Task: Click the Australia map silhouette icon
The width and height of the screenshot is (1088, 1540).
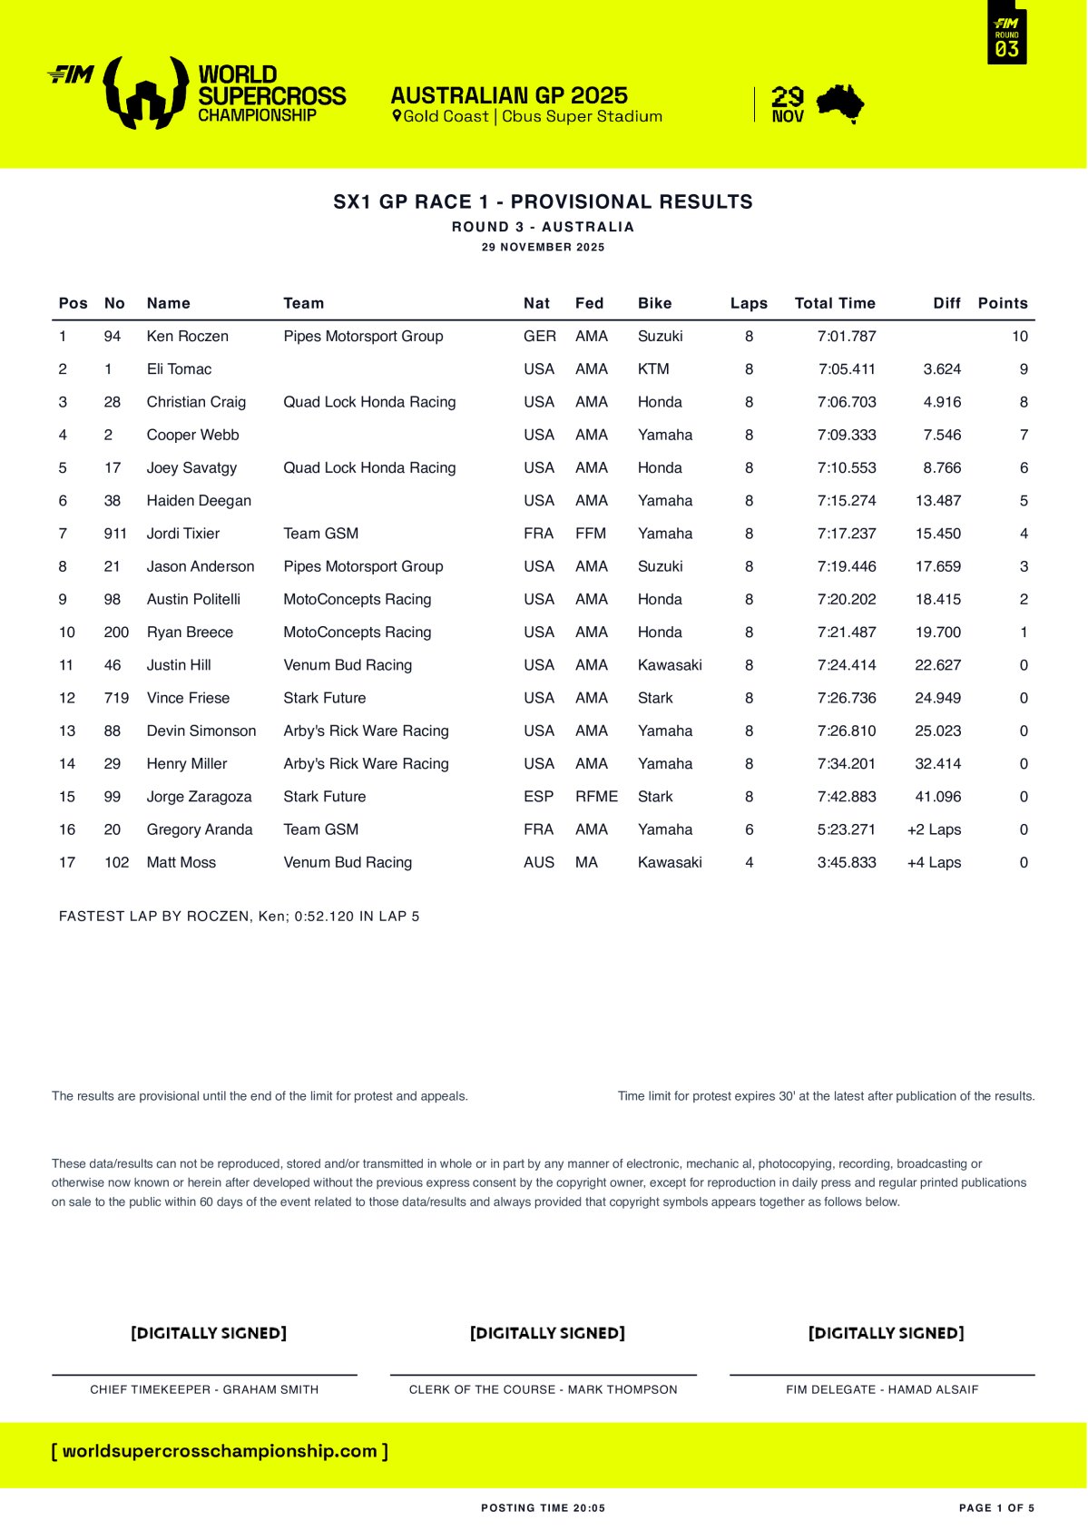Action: [x=840, y=103]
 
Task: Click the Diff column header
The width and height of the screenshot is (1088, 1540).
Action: [x=946, y=303]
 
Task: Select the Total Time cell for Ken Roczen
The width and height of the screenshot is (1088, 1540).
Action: [x=846, y=336]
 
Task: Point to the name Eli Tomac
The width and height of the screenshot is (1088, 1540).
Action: [x=179, y=369]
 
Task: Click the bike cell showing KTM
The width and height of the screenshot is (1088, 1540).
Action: [x=653, y=369]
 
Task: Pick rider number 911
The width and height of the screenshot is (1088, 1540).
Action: [x=115, y=534]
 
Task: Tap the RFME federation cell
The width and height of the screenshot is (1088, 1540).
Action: [x=596, y=797]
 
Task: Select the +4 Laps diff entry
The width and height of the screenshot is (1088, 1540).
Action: [x=934, y=862]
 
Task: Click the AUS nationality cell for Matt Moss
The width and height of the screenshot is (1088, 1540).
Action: [x=538, y=862]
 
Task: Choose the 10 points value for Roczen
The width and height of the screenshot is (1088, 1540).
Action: [x=1020, y=336]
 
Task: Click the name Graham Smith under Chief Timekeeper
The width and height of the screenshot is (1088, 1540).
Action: [x=270, y=1389]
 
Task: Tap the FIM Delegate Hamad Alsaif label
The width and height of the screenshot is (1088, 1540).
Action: [x=882, y=1389]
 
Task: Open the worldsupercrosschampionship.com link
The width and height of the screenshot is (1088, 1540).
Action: [x=220, y=1451]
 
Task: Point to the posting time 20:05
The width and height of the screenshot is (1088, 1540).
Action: [x=589, y=1508]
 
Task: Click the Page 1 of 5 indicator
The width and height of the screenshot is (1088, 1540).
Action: [x=996, y=1508]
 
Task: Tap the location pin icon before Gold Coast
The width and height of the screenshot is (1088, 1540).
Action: [x=397, y=116]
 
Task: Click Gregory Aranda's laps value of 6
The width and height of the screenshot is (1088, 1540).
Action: [x=749, y=829]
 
